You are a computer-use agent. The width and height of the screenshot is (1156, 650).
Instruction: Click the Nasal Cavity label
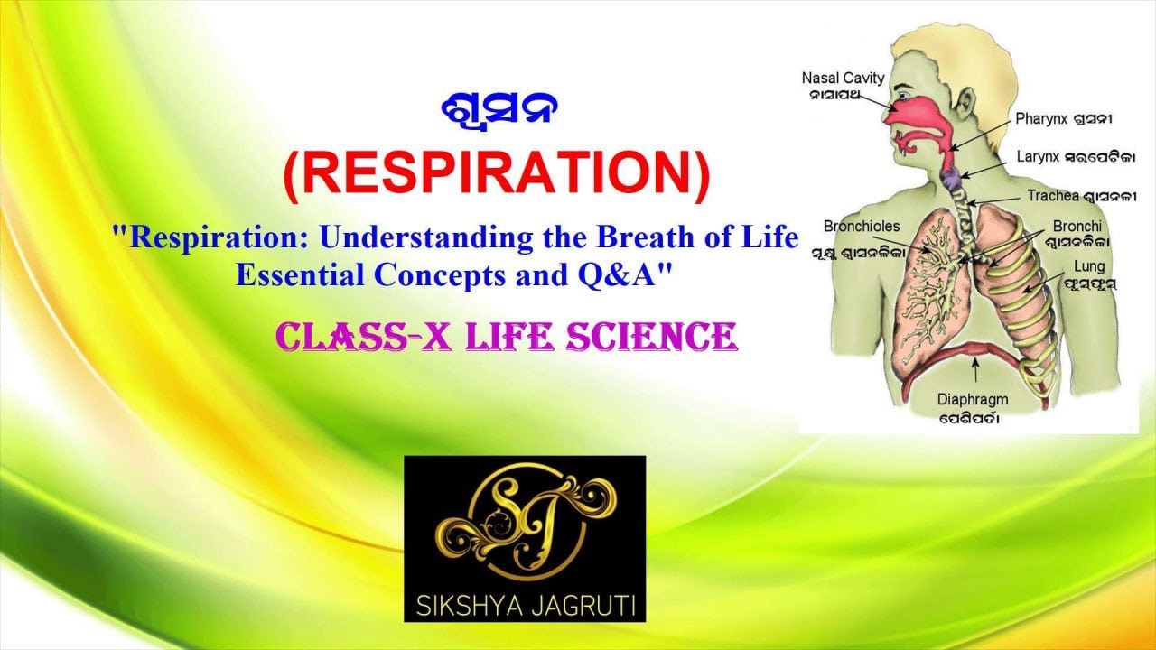pos(843,79)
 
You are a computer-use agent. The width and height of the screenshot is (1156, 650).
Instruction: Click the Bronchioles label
pos(862,226)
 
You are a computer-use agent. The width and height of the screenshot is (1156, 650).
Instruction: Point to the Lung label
pos(1088,266)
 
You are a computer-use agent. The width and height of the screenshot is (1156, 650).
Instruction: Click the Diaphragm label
pos(972,398)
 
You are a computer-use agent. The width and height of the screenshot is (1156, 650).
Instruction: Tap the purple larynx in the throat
pos(952,177)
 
